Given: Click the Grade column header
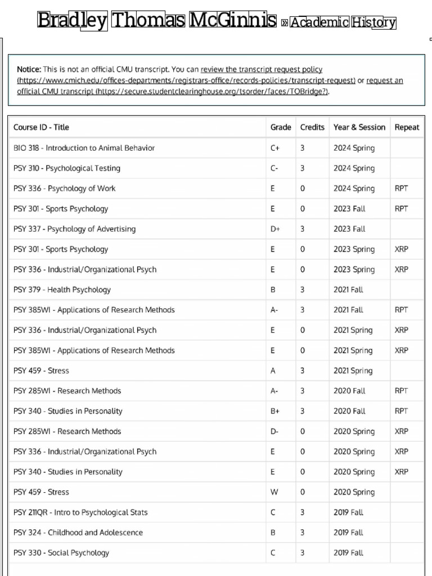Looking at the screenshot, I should click(x=281, y=127).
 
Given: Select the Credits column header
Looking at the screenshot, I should click(x=312, y=127).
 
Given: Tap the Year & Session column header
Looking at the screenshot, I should click(x=359, y=127).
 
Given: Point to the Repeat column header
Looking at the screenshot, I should click(x=407, y=127).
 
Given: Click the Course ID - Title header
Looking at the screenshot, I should click(x=41, y=127).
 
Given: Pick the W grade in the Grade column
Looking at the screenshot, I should click(x=274, y=492).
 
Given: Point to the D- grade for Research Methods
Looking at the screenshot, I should click(x=274, y=431).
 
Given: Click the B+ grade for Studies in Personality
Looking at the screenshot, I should click(x=275, y=411).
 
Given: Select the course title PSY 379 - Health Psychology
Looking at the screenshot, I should click(x=62, y=290).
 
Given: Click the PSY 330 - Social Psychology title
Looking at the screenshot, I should click(x=61, y=553).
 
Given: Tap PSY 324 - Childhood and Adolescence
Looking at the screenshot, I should click(x=78, y=533).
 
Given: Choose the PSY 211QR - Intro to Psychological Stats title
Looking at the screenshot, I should click(x=80, y=512).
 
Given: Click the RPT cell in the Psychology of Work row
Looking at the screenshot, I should click(x=401, y=188).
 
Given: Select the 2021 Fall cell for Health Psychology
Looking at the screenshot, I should click(x=348, y=290).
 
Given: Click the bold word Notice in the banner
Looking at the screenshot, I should click(x=29, y=70).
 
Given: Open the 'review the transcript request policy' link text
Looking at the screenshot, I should click(x=262, y=70).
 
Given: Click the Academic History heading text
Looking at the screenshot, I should click(x=343, y=22).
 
